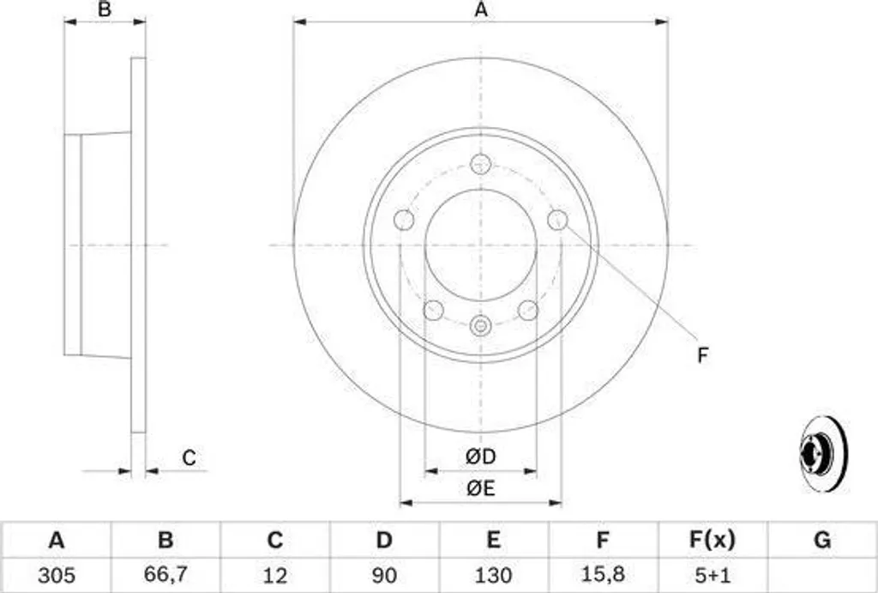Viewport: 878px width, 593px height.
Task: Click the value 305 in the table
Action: pyautogui.click(x=57, y=575)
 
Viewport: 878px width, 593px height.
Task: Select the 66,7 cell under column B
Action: pyautogui.click(x=165, y=574)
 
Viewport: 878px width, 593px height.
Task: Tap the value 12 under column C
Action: pyautogui.click(x=274, y=575)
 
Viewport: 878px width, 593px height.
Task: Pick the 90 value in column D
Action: pyautogui.click(x=383, y=575)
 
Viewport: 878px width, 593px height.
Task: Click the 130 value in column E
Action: pyautogui.click(x=493, y=575)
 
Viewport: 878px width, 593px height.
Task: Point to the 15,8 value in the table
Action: pyautogui.click(x=603, y=574)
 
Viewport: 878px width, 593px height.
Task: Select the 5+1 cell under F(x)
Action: pyautogui.click(x=712, y=575)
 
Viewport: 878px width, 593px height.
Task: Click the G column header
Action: pyautogui.click(x=822, y=540)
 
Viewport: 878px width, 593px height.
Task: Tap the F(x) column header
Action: pyautogui.click(x=712, y=540)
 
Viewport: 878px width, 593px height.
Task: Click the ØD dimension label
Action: pyautogui.click(x=480, y=457)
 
